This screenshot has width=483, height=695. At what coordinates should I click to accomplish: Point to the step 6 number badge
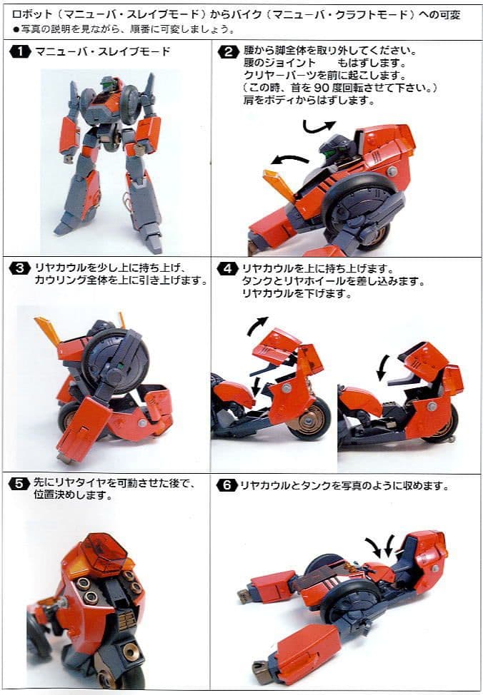click(227, 485)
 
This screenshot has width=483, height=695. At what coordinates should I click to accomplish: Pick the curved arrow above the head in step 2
click(317, 126)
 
